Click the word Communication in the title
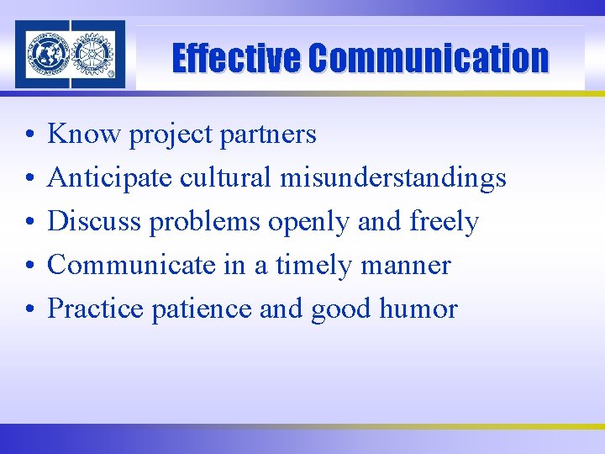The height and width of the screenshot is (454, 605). [x=428, y=59]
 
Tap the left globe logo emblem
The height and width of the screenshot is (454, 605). [x=48, y=55]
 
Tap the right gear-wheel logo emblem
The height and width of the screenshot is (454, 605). [x=92, y=55]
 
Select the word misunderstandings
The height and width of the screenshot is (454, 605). [x=393, y=177]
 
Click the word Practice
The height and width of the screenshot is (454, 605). [x=96, y=309]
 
